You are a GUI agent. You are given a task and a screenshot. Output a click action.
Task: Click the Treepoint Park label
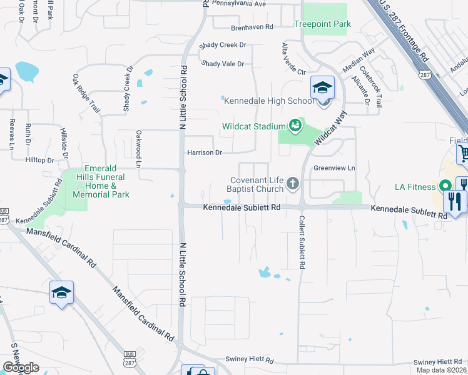[x=323, y=24]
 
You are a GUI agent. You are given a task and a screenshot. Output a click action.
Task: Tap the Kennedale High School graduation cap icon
[x=323, y=87]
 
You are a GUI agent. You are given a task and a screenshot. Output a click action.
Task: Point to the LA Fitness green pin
[x=445, y=186]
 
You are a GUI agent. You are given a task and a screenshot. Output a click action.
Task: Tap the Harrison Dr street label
[x=205, y=152]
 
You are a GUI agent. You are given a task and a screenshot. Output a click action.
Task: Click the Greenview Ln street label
[x=334, y=167]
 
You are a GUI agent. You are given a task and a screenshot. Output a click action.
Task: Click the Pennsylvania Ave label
[x=239, y=4]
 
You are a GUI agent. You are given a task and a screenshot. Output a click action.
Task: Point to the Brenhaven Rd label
[x=252, y=27]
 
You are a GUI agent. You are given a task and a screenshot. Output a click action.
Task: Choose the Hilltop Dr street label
[x=39, y=160]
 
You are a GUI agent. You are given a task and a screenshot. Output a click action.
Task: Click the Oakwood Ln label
[x=138, y=149]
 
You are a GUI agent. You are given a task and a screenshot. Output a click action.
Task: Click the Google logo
[x=21, y=367]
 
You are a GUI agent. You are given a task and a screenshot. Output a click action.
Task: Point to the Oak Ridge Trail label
[x=86, y=93]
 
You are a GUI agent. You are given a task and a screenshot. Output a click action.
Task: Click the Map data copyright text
[x=442, y=370]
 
